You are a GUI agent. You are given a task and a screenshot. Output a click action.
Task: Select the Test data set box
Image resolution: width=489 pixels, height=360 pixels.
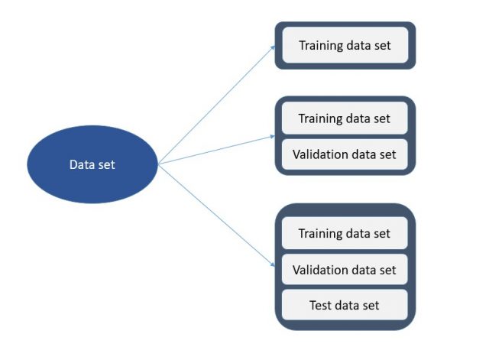(345, 306)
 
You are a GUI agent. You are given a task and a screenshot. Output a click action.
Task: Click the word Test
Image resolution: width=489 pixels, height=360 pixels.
(322, 306)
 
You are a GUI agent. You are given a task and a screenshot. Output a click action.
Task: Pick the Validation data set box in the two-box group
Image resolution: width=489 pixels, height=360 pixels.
(345, 154)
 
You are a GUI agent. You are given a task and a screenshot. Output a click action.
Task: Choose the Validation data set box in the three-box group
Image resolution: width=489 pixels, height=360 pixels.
(345, 270)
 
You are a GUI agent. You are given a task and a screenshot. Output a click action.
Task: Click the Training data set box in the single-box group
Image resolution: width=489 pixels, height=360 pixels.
(345, 45)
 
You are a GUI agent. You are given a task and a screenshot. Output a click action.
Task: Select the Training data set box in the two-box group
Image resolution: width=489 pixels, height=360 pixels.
(345, 119)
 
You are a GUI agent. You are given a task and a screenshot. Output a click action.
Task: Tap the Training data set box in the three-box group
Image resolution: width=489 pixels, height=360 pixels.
(345, 233)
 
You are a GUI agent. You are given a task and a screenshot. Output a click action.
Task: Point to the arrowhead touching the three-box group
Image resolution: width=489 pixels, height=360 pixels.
(271, 264)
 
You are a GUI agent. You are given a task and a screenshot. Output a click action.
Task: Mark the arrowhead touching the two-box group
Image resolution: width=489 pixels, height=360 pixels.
(271, 136)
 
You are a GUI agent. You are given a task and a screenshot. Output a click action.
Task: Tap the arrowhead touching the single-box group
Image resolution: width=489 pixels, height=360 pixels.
(272, 48)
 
